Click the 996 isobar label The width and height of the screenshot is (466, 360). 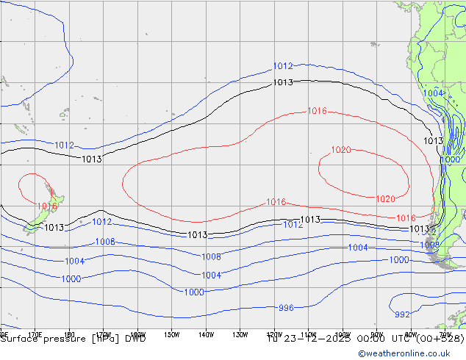pos(286,308)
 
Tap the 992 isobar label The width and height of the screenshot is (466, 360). pos(402,314)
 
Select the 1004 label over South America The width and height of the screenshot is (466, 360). pos(434,94)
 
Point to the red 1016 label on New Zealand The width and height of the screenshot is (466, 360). pos(46,207)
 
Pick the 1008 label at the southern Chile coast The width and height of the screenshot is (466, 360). pos(430,245)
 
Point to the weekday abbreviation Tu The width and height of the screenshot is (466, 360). pos(273,339)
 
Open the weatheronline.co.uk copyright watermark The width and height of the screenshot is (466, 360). pos(411,353)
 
